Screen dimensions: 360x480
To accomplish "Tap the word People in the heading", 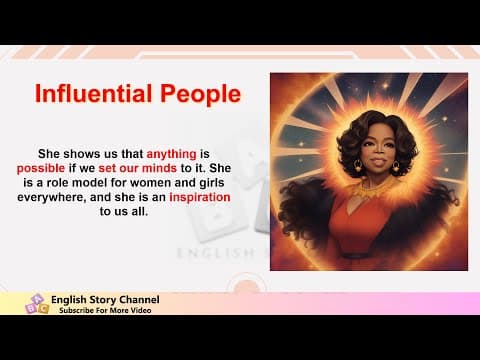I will click(196, 94).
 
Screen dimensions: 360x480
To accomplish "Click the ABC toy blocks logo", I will click(36, 303).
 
